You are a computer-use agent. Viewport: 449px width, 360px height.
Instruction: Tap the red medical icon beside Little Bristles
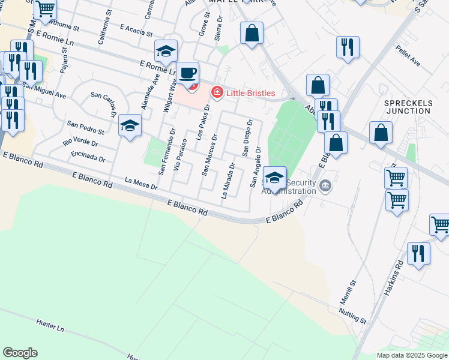(x=217, y=92)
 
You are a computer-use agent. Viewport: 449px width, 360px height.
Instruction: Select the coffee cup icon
(x=188, y=73)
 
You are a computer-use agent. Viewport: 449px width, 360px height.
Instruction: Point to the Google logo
(x=20, y=353)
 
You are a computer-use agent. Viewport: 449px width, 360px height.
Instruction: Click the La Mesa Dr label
(x=140, y=182)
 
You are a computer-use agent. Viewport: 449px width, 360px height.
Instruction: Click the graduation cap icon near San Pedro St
(x=130, y=125)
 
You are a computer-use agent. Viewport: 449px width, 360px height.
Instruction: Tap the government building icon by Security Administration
(x=325, y=185)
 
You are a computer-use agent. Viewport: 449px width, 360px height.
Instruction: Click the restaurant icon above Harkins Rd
(x=418, y=253)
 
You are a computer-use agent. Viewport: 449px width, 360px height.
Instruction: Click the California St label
(x=104, y=30)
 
